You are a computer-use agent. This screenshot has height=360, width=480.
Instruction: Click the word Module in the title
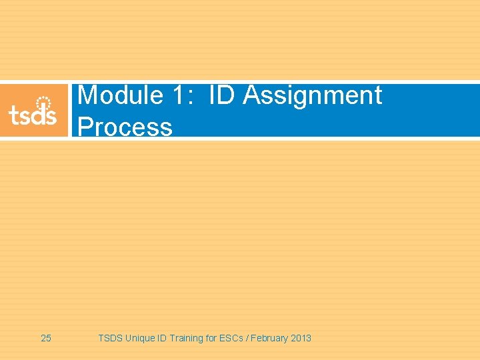(x=121, y=95)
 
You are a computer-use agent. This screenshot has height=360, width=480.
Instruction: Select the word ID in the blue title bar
(x=223, y=95)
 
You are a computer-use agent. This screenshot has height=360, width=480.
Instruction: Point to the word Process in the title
(x=125, y=127)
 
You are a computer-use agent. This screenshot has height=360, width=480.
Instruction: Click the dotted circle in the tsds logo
(x=43, y=103)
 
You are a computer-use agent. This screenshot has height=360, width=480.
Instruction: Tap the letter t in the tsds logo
(x=13, y=115)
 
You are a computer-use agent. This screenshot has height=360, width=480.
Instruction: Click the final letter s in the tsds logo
(x=51, y=117)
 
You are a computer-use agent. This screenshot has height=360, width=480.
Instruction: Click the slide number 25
(x=46, y=338)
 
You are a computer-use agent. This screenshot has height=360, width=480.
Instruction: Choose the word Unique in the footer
(x=139, y=338)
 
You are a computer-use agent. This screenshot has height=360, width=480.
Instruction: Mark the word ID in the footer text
(x=162, y=338)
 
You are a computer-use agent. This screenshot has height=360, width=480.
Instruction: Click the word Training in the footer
(x=187, y=338)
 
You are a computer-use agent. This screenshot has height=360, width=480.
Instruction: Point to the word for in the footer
(x=214, y=338)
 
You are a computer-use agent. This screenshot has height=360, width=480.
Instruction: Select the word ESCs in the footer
(x=235, y=338)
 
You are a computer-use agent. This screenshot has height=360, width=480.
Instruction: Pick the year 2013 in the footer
(x=301, y=338)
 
